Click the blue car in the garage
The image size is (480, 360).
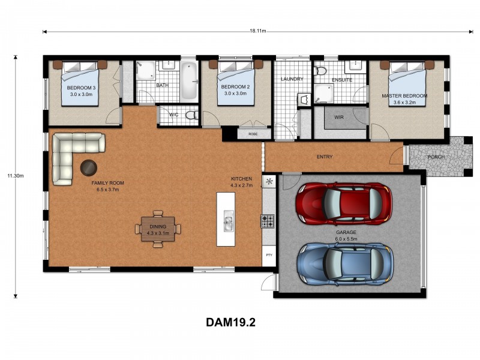[x=345, y=263]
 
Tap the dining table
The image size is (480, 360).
[x=158, y=229]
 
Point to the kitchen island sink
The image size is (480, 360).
[x=229, y=223]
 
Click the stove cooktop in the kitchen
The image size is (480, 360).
[x=268, y=221]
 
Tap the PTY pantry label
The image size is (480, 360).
[x=268, y=255]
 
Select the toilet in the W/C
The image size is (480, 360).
[x=191, y=115]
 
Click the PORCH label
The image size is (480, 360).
[x=436, y=157]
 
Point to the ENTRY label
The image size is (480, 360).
[x=325, y=157]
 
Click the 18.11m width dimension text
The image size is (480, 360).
[x=257, y=31]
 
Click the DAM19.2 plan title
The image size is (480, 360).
[x=231, y=322]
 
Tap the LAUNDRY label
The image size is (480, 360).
[x=292, y=79]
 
